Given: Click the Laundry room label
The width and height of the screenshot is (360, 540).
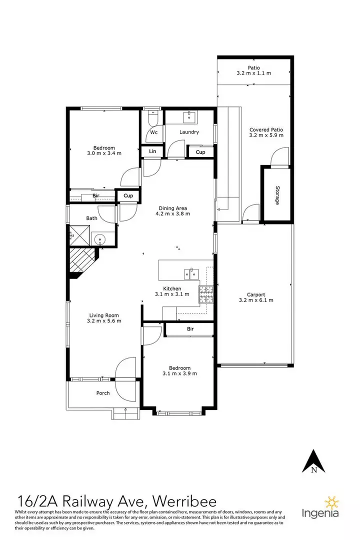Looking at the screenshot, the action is [189, 132].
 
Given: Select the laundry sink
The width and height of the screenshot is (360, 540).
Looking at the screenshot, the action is [189, 117].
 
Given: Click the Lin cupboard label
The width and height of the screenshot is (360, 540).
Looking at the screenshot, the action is [152, 151].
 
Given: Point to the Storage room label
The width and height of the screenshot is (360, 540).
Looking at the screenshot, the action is [277, 195].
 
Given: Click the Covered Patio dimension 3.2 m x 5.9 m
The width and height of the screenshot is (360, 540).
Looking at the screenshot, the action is [266, 135].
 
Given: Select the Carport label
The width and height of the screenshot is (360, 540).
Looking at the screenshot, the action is [256, 294].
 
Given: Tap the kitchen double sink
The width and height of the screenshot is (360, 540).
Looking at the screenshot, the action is [191, 274].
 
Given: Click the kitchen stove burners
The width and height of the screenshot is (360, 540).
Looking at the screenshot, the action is [206, 295].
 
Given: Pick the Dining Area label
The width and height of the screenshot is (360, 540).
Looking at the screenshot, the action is [172, 208].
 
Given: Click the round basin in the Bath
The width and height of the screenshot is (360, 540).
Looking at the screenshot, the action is [100, 238].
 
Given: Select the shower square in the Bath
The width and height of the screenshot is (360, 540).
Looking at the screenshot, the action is [80, 236].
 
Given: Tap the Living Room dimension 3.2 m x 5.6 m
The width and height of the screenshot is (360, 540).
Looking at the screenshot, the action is [104, 321].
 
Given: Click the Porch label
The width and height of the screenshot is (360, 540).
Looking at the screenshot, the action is [103, 393].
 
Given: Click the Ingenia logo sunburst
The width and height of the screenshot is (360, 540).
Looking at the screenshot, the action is [332, 503].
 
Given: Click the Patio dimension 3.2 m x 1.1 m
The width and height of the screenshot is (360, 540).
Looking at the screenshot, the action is [254, 73].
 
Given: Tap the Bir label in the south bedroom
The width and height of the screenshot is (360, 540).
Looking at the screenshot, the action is [190, 329].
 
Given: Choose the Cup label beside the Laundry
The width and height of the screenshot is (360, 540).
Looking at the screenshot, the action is [200, 152].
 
